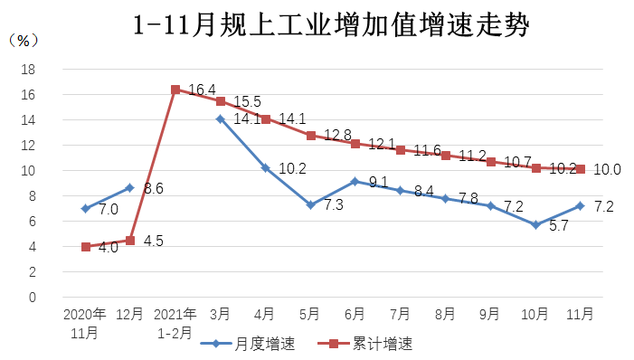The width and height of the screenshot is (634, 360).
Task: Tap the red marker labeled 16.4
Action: point(175,90)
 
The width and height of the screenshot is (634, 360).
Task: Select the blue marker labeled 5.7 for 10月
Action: point(535,224)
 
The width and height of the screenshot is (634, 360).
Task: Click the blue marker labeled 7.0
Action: point(85,208)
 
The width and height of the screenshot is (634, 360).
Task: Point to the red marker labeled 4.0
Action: point(85,246)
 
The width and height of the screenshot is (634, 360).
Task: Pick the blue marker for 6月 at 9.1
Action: point(355,182)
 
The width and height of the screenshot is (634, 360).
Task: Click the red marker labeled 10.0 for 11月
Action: point(580,169)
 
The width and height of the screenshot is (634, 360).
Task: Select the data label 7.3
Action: point(333,205)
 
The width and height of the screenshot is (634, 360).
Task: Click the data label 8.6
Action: point(154,189)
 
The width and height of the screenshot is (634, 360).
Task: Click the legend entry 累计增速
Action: point(371,344)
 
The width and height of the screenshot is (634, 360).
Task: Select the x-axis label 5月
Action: point(310,315)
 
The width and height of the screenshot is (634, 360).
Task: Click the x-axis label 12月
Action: point(130,315)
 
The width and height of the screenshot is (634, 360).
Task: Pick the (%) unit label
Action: point(23,41)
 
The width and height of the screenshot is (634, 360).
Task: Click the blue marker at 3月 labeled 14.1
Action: point(221,118)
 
